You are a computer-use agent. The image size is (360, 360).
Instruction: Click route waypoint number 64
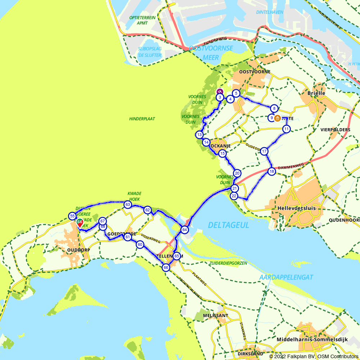click(x=184, y=230)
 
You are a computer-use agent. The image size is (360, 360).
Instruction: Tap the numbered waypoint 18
click(x=271, y=172)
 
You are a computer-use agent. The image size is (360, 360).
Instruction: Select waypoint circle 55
click(x=72, y=216)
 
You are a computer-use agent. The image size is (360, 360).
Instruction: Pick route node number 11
click(x=286, y=129)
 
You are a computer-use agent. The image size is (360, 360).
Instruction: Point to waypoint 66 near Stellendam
click(x=166, y=267)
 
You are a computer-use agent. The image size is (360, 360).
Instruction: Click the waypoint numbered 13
click(x=199, y=135)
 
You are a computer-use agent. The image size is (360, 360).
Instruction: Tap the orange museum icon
click(x=278, y=118)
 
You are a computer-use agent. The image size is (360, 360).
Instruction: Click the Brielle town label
click(x=316, y=93)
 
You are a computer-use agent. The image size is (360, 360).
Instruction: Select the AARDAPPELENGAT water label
click(x=286, y=277)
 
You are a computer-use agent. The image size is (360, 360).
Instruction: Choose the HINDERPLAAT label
click(x=142, y=118)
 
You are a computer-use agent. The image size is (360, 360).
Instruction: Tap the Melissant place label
click(x=215, y=315)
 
